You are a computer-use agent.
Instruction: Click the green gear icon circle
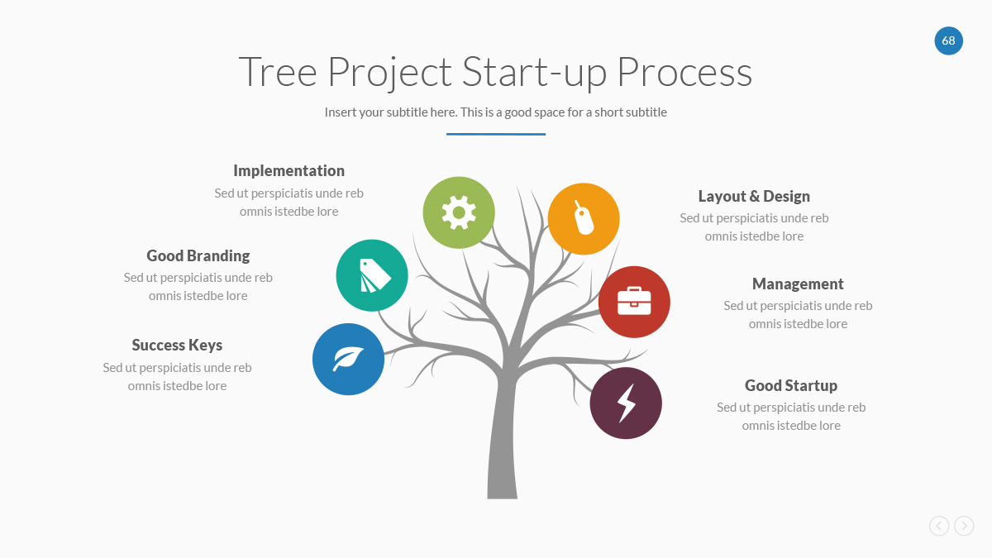pos(459,212)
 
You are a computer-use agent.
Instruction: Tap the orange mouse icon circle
pos(584,219)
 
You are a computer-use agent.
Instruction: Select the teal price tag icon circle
pos(372,275)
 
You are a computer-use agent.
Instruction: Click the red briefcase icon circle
pos(634,302)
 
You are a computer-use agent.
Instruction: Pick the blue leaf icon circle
pos(349,359)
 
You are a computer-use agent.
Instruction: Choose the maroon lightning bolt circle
pos(626,403)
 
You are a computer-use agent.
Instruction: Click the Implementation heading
pos(289,171)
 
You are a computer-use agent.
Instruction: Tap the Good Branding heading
pos(198,256)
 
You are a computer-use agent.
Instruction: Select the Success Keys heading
pos(177,346)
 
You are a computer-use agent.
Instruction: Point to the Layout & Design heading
pos(754,196)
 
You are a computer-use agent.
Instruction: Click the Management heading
pos(798,284)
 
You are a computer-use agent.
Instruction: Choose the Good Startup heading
pos(791,386)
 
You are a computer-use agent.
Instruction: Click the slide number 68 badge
pos(949,41)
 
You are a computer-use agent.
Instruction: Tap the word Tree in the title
pos(278,71)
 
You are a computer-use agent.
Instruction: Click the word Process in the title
pos(684,71)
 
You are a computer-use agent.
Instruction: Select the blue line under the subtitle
pos(496,134)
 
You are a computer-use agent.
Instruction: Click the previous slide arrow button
pos(939,526)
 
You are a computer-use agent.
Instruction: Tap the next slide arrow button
pos(964,526)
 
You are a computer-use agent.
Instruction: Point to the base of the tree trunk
pos(503,498)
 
